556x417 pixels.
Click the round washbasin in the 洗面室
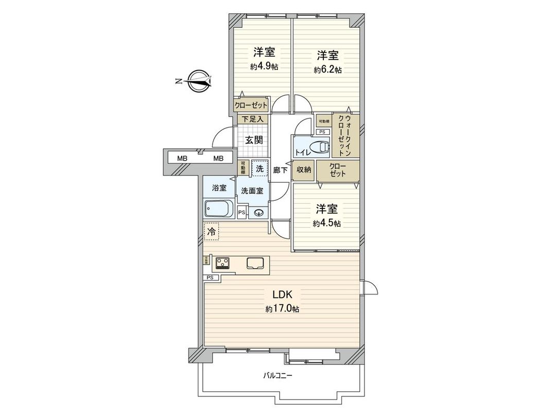(258, 212)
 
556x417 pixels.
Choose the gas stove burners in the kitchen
(223, 263)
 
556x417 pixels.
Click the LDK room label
(282, 295)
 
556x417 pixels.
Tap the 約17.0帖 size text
(282, 309)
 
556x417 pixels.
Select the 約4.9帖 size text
(263, 67)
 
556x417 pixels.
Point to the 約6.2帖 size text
(327, 69)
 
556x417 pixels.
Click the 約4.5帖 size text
(327, 223)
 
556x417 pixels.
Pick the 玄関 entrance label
(253, 140)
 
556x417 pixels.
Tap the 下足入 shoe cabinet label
(253, 119)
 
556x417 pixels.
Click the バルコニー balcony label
(278, 376)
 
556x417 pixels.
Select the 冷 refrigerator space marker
(211, 232)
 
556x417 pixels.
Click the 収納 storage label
(304, 170)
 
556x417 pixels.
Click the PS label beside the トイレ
(323, 132)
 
